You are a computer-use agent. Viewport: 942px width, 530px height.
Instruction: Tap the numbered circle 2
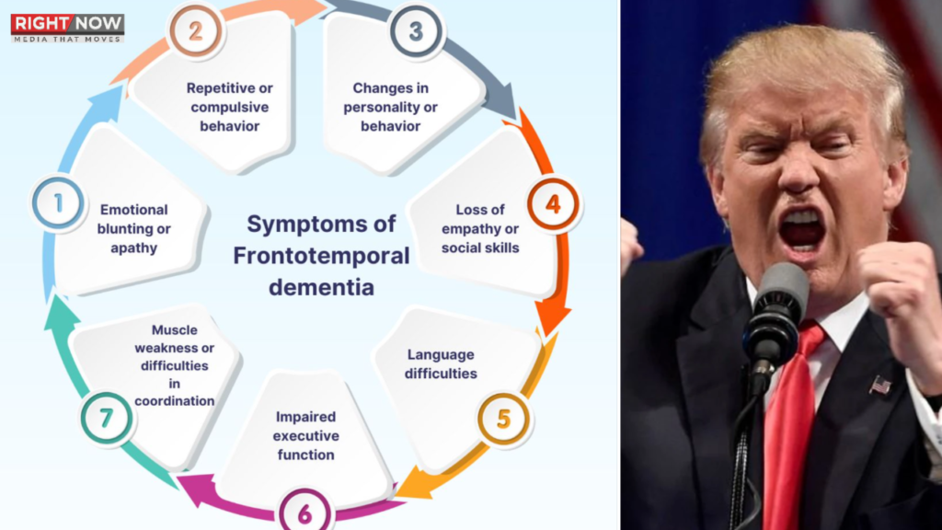tap(195, 31)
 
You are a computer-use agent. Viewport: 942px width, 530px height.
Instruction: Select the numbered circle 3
tap(416, 31)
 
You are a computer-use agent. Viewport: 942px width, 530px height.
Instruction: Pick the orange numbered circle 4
tap(553, 203)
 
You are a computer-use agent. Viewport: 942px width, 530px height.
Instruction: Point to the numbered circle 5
tap(503, 420)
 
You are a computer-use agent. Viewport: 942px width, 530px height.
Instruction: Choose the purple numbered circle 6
tap(304, 512)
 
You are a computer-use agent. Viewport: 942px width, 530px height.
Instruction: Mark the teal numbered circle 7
tap(106, 419)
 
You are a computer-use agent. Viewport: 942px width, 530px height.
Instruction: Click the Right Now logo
tap(67, 27)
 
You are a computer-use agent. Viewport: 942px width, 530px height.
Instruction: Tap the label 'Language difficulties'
tap(442, 364)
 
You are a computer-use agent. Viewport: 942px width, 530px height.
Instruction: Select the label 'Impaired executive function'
tap(306, 435)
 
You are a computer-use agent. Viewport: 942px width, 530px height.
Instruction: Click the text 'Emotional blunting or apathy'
tap(134, 228)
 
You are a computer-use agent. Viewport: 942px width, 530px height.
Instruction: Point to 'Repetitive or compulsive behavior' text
tap(230, 107)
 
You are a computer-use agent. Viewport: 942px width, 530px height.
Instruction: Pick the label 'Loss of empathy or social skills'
tap(480, 228)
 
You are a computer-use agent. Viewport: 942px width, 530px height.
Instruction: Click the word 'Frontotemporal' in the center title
tap(321, 256)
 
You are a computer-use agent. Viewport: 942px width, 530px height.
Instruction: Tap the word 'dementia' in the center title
tap(321, 286)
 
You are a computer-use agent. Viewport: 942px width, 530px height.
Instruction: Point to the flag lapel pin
tap(880, 384)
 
